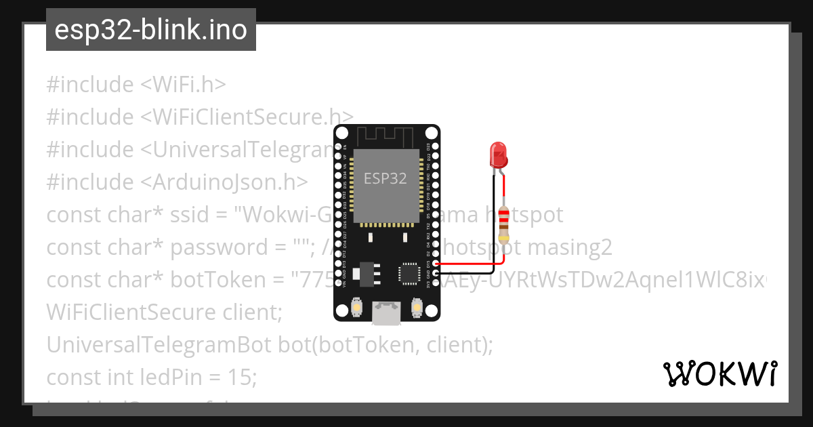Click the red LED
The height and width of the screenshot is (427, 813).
(x=499, y=155)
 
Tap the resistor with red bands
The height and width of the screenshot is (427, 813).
(x=503, y=225)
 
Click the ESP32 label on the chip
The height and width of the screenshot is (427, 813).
(x=385, y=178)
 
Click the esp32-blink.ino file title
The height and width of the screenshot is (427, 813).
(x=150, y=30)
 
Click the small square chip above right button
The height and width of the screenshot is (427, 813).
(x=410, y=273)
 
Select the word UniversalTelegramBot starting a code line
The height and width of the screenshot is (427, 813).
(x=159, y=345)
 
